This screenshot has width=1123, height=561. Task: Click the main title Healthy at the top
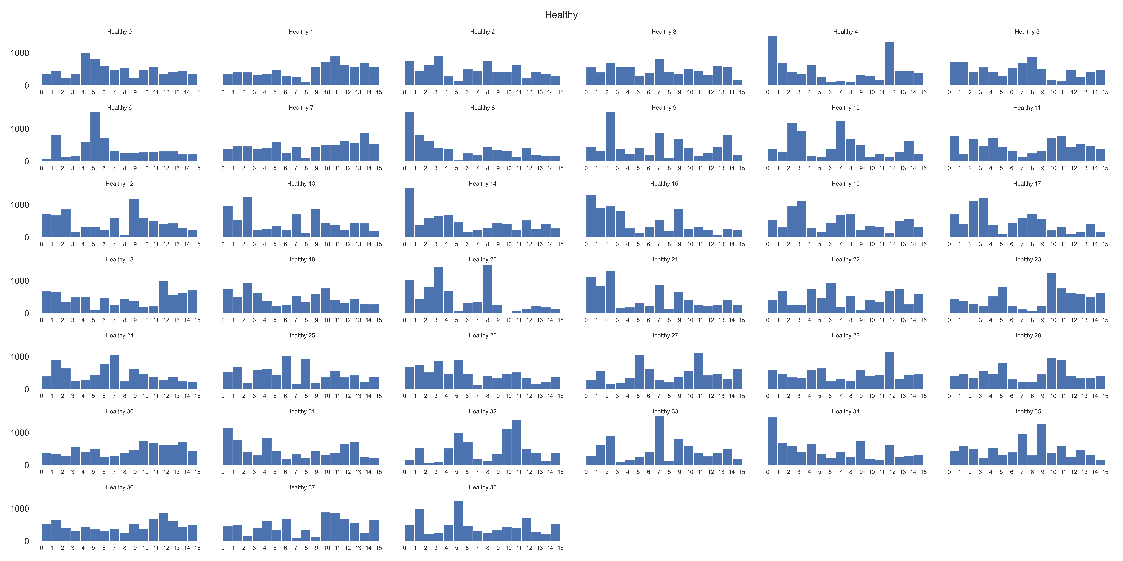561,15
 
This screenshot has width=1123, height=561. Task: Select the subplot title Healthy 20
482,260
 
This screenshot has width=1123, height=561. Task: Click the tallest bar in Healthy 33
659,441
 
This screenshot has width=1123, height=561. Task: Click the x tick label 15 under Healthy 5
1105,92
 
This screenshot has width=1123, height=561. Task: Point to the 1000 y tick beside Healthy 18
20,281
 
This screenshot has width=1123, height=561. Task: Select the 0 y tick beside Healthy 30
26,465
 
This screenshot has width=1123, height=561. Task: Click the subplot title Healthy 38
482,487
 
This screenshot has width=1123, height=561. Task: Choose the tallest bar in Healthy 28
889,370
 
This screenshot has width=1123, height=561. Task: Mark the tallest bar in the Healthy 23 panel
1052,293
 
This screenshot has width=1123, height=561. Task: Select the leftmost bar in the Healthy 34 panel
773,441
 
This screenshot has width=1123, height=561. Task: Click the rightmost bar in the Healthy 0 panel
192,79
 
